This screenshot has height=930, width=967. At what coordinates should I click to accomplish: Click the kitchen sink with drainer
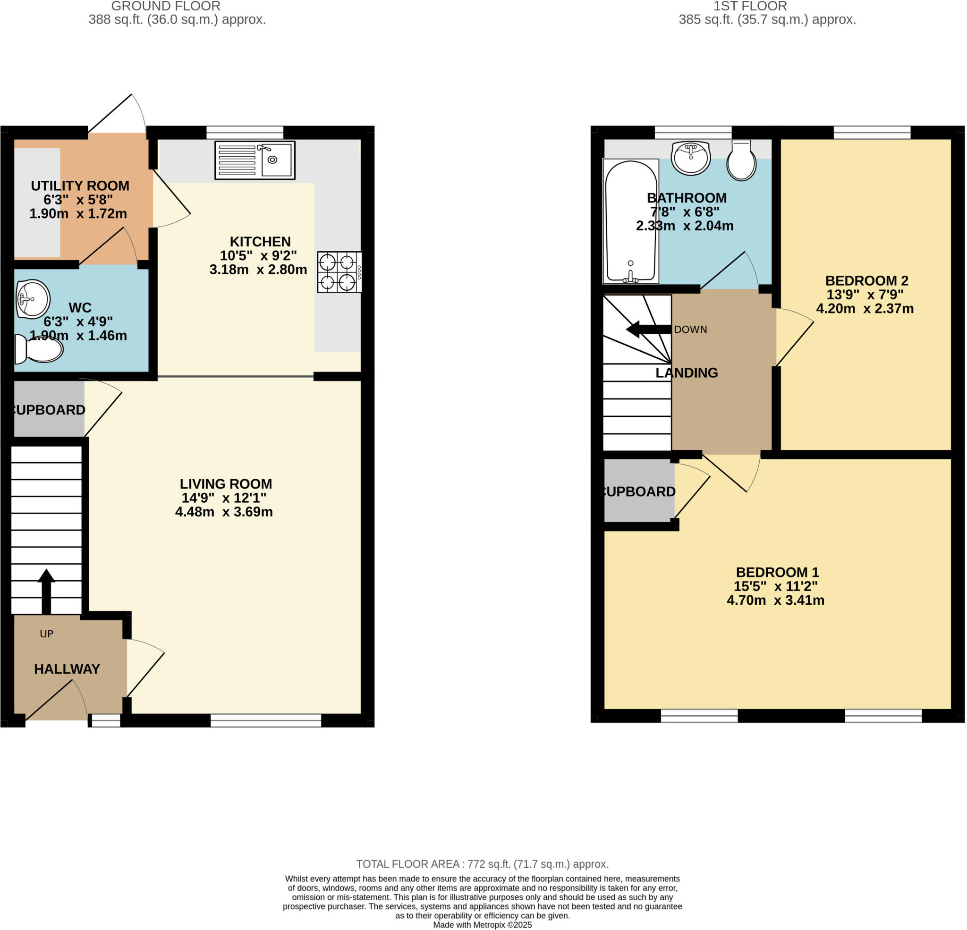pos(254,160)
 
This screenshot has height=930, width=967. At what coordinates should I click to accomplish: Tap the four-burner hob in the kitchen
pos(339,272)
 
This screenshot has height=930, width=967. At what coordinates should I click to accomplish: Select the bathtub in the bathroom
pos(630,220)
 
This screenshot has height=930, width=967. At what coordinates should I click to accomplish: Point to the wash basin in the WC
pos(33,299)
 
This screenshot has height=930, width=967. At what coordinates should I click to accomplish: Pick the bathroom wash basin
pos(690,158)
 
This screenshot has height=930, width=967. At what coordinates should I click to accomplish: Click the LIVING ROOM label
pos(226,483)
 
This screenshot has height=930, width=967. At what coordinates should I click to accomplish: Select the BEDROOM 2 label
pos(866,281)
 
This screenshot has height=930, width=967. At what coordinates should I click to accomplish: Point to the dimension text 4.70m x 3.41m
pos(775,600)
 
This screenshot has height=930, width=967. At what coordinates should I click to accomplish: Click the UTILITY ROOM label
pos(80,186)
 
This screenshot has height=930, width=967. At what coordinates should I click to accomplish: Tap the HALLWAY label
pos(67,668)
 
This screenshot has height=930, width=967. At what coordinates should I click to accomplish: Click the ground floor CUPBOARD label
pos(48,409)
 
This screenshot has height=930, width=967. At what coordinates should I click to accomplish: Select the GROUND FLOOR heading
pos(166,7)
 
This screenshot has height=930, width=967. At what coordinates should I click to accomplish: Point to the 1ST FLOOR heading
pos(750,7)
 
